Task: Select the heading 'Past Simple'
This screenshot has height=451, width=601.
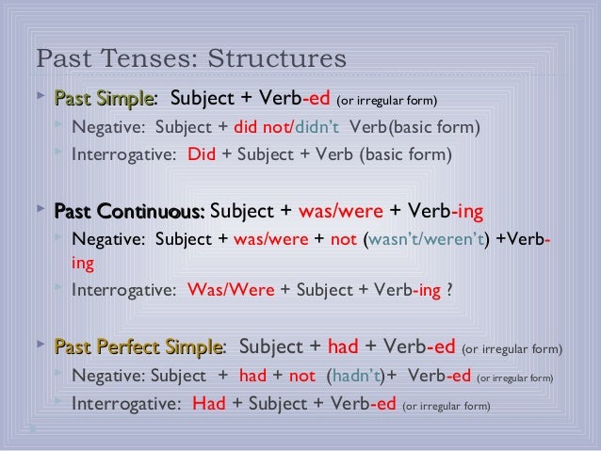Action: [104, 99]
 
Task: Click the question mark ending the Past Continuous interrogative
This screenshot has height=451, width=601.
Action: [448, 291]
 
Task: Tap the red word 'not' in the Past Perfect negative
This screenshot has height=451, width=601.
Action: [301, 378]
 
